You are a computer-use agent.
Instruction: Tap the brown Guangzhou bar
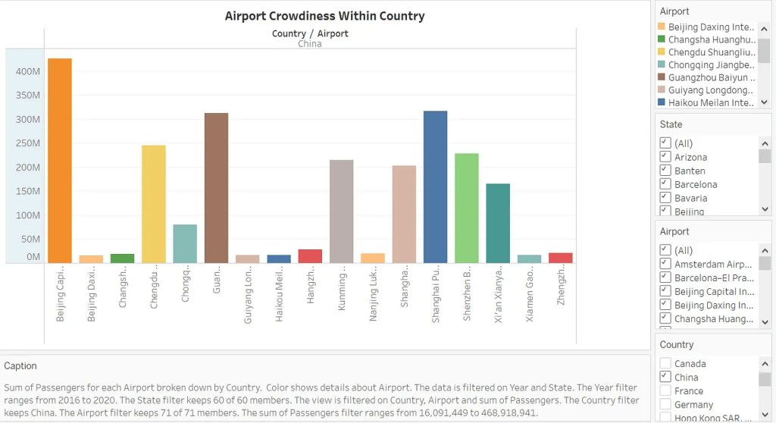coord(216,188)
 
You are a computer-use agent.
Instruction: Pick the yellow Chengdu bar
coord(154,204)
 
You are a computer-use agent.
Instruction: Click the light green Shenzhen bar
coord(466,208)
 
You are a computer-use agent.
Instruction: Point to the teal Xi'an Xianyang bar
coord(498,224)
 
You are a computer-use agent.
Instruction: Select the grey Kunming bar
coord(341,211)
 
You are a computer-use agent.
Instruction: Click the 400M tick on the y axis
coord(28,71)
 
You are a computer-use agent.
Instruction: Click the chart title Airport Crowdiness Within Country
coord(324,16)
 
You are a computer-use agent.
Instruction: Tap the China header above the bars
coord(309,44)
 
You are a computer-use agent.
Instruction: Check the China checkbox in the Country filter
coord(665,377)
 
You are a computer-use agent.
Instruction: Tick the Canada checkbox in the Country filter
coord(665,363)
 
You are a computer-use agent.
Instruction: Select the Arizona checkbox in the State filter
coord(665,157)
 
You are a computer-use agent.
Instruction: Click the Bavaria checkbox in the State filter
coord(665,198)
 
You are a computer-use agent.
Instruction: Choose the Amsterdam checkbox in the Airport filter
coord(665,264)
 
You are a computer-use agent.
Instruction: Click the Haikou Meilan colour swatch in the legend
coord(662,102)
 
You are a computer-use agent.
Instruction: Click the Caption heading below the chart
coord(20,365)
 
